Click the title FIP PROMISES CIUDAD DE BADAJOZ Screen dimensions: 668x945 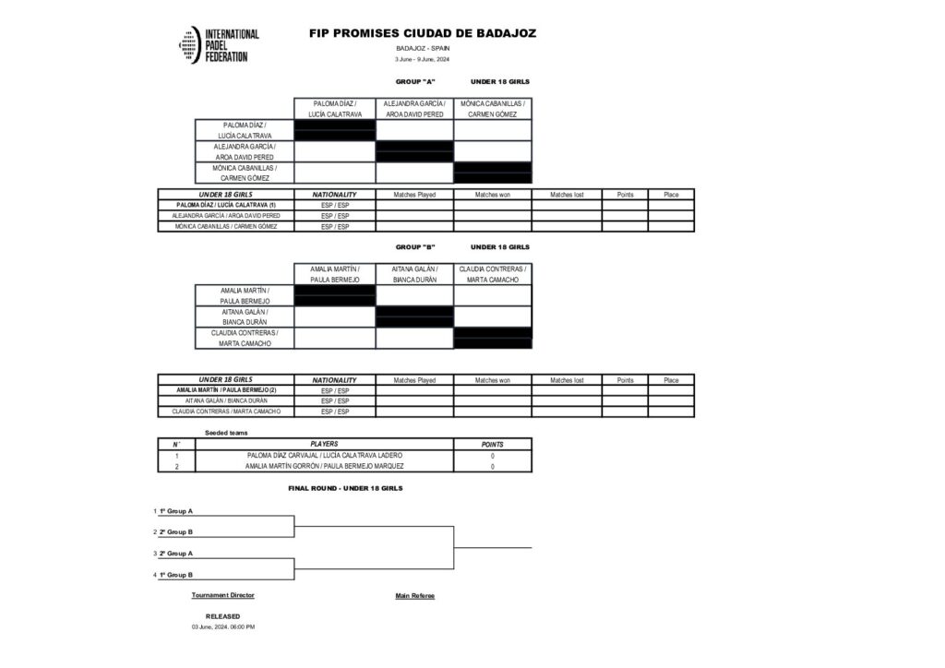(423, 33)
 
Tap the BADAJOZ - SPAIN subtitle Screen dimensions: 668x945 (423, 48)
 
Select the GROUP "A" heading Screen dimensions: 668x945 (415, 82)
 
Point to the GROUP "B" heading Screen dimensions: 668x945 (415, 247)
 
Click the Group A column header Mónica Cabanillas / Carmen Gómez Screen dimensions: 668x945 (493, 109)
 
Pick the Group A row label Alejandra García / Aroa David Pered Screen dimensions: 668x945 (245, 151)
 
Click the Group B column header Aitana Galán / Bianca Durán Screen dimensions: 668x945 (414, 274)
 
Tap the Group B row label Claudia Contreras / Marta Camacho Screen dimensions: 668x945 (245, 339)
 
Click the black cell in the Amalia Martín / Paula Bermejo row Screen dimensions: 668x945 (335, 295)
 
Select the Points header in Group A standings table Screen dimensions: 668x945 (625, 195)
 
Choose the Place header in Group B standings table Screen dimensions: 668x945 (671, 380)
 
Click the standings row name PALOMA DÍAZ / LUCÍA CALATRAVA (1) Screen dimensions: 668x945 (226, 205)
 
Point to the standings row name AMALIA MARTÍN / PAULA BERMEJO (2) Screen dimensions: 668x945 (226, 390)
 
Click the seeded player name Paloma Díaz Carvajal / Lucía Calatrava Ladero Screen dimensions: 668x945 (325, 456)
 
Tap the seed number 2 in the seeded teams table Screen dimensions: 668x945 (176, 467)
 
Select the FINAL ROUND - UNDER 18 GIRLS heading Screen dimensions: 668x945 (345, 488)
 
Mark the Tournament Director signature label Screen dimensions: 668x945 (222, 596)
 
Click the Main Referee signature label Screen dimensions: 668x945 (414, 596)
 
